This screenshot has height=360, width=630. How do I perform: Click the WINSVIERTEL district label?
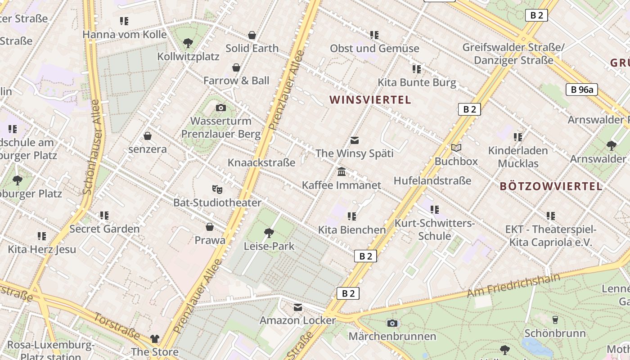[370, 100]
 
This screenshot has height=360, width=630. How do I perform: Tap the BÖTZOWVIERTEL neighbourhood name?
[551, 186]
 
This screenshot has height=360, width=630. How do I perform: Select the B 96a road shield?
[582, 90]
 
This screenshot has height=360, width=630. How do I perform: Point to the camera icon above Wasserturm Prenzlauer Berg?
[220, 108]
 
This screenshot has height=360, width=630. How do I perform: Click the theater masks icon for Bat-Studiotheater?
[217, 189]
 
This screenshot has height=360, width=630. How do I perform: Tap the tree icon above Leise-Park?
[269, 233]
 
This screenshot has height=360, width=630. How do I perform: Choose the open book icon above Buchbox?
[456, 148]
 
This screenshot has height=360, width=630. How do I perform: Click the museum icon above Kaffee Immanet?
[342, 172]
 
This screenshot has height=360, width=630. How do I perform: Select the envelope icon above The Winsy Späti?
[355, 140]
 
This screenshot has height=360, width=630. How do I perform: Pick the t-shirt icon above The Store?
[155, 338]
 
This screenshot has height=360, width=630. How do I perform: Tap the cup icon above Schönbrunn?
[555, 320]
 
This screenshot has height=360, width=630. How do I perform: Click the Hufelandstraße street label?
[432, 181]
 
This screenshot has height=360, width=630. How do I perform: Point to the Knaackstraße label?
[261, 162]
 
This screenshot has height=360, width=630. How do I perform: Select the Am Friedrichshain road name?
[513, 284]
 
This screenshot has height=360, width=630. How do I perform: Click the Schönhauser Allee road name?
[91, 147]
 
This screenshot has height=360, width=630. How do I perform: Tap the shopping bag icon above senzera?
[148, 136]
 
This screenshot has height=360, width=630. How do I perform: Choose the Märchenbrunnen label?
[392, 337]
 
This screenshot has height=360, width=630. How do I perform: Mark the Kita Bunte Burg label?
[417, 83]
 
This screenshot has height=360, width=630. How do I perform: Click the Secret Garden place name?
[104, 229]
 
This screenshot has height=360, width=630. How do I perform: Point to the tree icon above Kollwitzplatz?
[188, 43]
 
